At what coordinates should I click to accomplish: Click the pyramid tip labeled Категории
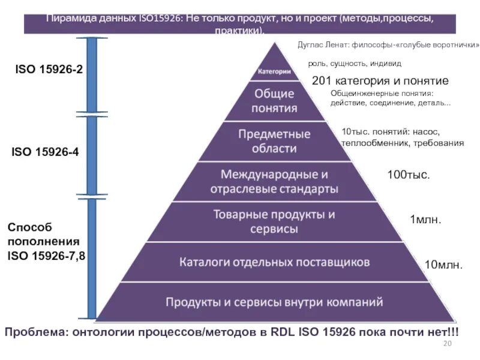[x=274, y=71]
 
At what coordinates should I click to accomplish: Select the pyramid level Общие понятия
[x=274, y=101]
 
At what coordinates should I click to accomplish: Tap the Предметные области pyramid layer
[x=274, y=141]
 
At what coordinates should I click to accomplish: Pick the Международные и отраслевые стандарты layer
[x=274, y=182]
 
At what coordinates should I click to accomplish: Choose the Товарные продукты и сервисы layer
[x=274, y=221]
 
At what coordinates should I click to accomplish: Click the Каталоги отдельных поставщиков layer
[x=274, y=262]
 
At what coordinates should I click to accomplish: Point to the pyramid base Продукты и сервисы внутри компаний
[x=274, y=301]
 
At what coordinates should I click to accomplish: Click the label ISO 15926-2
[x=49, y=70]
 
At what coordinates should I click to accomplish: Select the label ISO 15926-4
[x=45, y=152]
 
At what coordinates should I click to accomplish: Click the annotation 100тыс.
[x=409, y=175]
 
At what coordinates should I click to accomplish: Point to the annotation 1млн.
[x=425, y=220]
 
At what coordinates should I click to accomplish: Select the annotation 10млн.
[x=443, y=265]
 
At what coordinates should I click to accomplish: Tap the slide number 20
[x=446, y=343]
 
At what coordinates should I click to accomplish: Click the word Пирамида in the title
[x=71, y=19]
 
